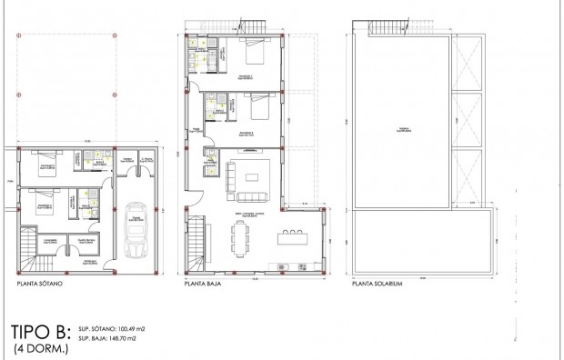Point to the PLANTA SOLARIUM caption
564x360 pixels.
tap(377, 284)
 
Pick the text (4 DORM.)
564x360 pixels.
tap(40, 347)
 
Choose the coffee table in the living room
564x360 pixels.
tap(252, 175)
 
